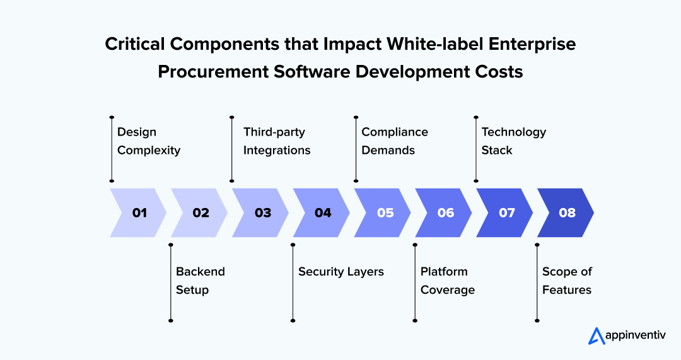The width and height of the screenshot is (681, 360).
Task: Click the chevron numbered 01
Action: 139,212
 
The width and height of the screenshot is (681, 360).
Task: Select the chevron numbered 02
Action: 201,212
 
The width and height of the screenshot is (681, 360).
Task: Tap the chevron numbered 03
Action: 262,212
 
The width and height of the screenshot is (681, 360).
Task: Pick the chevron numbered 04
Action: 323,212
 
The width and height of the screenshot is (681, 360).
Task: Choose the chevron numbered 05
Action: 385,212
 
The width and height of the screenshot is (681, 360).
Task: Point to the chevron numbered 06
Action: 445,212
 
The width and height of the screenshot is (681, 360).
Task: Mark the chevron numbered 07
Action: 506,212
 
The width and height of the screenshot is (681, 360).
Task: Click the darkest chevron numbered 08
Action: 567,212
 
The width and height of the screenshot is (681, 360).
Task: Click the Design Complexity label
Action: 149,141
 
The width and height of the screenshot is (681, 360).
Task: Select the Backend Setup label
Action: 200,281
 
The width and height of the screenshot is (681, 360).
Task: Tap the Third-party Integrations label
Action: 277,141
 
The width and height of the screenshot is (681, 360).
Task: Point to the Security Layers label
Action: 340,272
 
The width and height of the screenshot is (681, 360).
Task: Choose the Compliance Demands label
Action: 394,141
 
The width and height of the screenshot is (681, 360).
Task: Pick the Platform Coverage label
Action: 447,281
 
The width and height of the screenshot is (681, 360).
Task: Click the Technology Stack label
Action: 513,141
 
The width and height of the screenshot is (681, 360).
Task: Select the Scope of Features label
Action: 566,281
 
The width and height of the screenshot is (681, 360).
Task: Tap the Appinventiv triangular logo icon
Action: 596,336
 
